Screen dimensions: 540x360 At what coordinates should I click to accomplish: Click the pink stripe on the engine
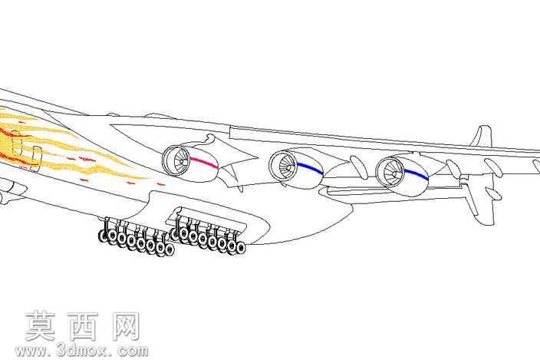click(204, 162)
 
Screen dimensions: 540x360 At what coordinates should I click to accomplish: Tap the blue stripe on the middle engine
click(310, 168)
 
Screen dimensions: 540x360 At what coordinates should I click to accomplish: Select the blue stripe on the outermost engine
click(416, 174)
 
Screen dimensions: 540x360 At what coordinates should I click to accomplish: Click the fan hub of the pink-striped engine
click(182, 161)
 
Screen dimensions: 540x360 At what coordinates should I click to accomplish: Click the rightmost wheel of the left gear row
click(169, 250)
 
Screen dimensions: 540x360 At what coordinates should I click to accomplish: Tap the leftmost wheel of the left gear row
click(103, 236)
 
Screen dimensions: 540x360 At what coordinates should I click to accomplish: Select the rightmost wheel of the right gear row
click(241, 247)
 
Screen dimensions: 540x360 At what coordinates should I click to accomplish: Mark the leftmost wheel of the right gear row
click(175, 234)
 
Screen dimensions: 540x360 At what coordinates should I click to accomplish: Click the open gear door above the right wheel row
click(206, 219)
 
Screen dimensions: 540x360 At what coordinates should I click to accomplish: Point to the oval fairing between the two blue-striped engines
click(358, 167)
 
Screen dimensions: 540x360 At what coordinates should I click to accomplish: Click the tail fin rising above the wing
click(482, 136)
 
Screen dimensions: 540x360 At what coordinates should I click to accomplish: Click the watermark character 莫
click(41, 326)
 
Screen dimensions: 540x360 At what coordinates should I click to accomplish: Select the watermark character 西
click(82, 326)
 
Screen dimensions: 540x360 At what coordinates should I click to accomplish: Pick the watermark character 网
click(125, 326)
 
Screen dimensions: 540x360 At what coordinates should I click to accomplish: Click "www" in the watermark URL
click(31, 351)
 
